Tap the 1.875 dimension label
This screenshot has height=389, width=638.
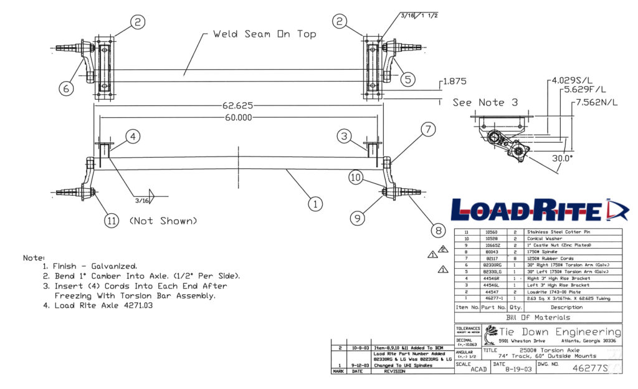tap(454, 82)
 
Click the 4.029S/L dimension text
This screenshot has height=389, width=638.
tap(572, 81)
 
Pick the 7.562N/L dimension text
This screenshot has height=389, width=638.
tap(598, 102)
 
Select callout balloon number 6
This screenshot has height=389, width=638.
tap(67, 88)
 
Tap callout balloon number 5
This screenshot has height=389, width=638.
tap(408, 79)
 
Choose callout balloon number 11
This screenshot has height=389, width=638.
tap(111, 221)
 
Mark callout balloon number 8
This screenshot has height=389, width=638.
tap(439, 231)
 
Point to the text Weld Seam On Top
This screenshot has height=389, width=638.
tap(265, 34)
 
